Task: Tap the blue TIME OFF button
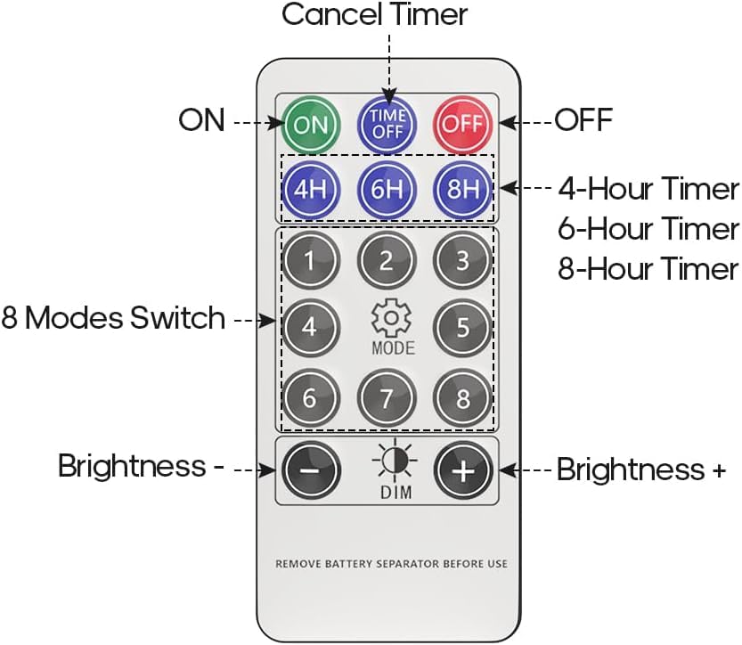(387, 124)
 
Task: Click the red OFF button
(462, 124)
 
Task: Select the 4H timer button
(310, 189)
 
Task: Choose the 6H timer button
(387, 189)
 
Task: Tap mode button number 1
(310, 262)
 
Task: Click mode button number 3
(462, 262)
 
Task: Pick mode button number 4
(310, 327)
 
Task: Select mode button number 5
(462, 327)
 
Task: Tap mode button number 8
(462, 398)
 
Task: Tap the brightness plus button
(462, 470)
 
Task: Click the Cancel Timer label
(374, 14)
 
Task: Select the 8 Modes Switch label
(113, 318)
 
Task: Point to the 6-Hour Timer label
(648, 229)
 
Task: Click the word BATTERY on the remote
(364, 564)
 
